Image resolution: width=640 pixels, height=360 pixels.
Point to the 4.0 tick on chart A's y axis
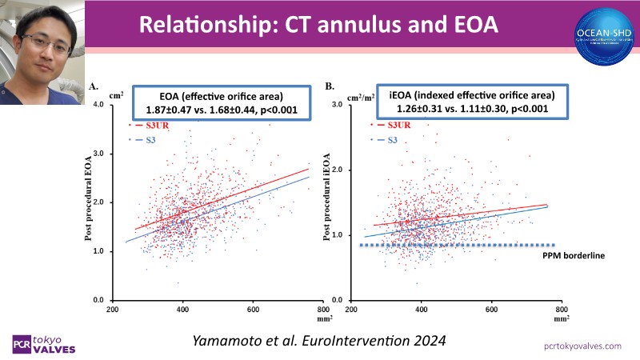104,105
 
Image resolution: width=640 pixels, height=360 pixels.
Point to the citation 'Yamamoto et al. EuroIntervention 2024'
319,339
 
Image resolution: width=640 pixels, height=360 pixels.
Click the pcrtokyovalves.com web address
582,346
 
